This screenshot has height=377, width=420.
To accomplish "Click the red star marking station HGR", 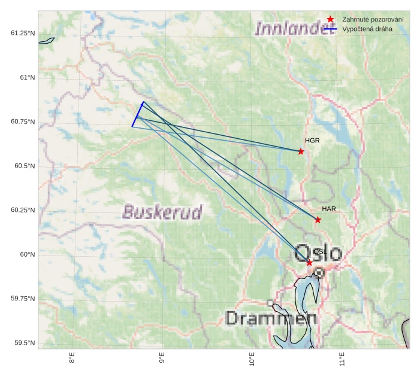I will click(x=301, y=151).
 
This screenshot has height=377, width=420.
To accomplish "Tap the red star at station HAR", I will click(x=318, y=220).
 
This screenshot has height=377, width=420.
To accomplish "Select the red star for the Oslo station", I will click(x=309, y=263).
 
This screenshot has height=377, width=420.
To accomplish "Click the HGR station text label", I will click(x=312, y=141).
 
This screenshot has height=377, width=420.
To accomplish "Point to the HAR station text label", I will click(x=329, y=209).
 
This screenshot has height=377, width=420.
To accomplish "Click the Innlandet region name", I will click(x=294, y=28).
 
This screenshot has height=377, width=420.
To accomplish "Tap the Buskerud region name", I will click(x=162, y=212).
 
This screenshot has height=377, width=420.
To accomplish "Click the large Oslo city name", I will click(x=319, y=254).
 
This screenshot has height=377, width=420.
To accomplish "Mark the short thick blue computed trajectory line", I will click(x=138, y=114).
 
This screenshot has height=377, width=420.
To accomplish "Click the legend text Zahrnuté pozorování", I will click(x=373, y=20).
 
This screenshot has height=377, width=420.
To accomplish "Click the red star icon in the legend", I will click(x=330, y=20).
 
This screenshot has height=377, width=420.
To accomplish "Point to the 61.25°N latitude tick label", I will click(x=23, y=33).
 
